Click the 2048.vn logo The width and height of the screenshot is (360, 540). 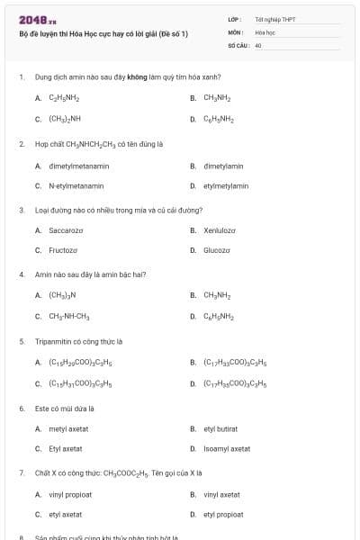38,19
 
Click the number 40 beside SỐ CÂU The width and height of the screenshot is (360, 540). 258,44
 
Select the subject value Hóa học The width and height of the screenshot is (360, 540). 265,31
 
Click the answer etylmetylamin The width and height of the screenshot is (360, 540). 226,185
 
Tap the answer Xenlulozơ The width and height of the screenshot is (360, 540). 220,230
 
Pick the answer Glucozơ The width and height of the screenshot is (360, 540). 217,250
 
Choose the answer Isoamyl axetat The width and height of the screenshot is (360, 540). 227,448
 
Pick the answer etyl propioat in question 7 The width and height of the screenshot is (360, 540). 223,514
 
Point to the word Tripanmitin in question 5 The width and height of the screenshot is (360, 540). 52,341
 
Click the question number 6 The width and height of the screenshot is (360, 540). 22,408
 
